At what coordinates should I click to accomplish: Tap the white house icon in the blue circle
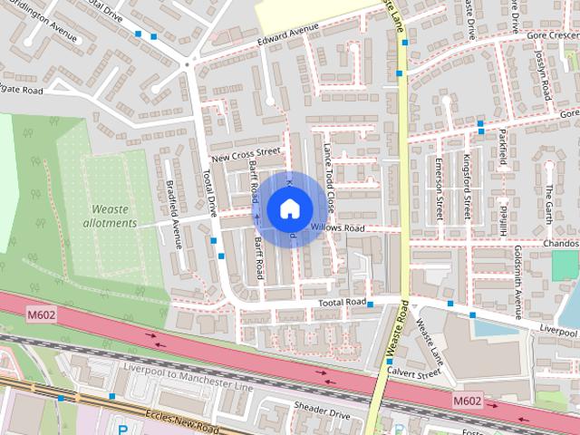[289, 210]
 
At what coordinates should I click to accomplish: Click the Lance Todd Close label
[330, 176]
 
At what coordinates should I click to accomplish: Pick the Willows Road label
[336, 227]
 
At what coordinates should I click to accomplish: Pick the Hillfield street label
[498, 217]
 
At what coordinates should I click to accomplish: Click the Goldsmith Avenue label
[518, 276]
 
